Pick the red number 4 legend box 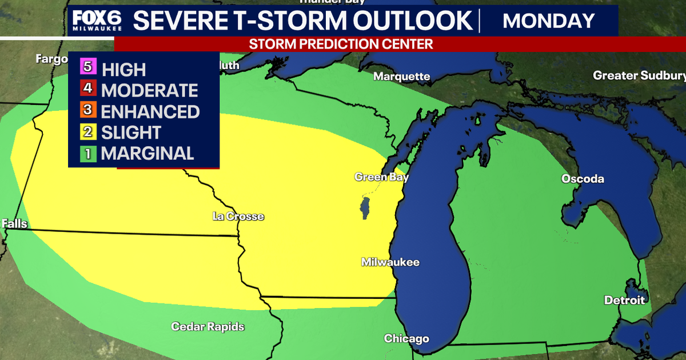click(87, 89)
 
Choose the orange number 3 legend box click(87, 110)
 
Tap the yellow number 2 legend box click(87, 131)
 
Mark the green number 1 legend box click(87, 153)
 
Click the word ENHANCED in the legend click(150, 111)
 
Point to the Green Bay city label click(381, 177)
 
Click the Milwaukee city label click(390, 262)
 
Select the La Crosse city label click(238, 217)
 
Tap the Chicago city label click(406, 339)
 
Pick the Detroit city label click(625, 300)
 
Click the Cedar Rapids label click(208, 327)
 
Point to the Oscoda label click(583, 179)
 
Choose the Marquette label click(402, 77)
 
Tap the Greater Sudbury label click(639, 75)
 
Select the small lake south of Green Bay click(364, 208)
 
